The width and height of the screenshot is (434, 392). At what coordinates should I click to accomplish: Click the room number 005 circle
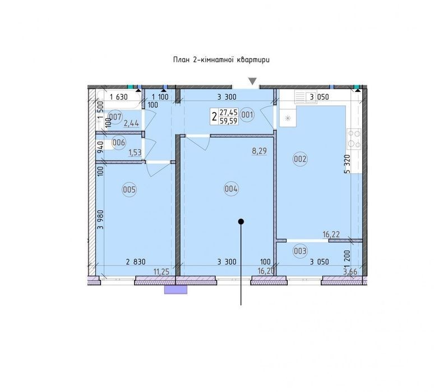coord(130,190)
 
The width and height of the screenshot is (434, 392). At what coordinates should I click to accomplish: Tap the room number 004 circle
coord(231,189)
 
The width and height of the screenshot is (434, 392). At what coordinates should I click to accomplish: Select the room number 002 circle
coord(301,159)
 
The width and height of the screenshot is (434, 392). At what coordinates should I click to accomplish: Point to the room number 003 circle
coord(300,251)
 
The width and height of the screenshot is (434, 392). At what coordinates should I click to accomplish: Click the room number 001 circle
coord(247,114)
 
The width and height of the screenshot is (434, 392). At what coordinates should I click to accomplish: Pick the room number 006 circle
coord(119,142)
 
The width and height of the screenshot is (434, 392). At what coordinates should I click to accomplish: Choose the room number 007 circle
coord(115,117)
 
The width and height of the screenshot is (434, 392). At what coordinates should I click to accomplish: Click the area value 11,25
coord(161,272)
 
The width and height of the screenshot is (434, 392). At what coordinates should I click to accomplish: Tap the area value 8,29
coord(260,151)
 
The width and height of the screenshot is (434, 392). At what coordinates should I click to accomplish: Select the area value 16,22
coord(331,234)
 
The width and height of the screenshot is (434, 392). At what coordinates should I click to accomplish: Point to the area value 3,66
coord(350,271)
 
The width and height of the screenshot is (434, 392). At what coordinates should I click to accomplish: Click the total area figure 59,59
coord(228,121)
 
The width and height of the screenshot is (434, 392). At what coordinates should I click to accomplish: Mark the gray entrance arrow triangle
coord(252,81)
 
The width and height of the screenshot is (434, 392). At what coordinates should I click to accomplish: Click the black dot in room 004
coord(241,222)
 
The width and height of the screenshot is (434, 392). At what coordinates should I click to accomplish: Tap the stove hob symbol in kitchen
coord(354,139)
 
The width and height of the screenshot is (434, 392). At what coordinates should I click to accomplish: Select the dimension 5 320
coord(347,164)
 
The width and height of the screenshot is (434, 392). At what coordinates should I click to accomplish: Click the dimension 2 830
coord(136,261)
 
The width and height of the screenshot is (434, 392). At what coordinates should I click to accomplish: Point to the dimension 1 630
coord(119,97)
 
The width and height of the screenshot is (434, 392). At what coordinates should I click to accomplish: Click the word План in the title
coord(181,60)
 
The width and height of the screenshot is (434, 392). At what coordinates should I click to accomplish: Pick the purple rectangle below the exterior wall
coord(176,289)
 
